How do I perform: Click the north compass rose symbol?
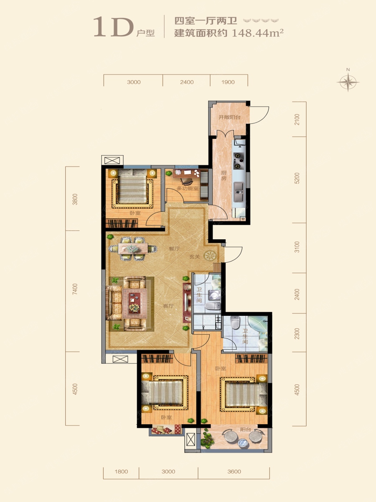[x=348, y=82]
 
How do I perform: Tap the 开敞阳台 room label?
[x=229, y=117]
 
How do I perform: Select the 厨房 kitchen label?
[x=224, y=175]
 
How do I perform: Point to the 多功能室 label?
[x=187, y=188]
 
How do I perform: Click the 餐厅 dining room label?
[x=174, y=248]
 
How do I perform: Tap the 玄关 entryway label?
[x=195, y=256]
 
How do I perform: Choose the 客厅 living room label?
[x=168, y=306]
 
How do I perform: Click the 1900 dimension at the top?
[x=228, y=82]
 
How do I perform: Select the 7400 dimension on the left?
[x=75, y=289]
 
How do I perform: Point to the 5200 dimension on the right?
[x=297, y=178]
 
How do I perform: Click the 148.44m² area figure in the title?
[x=257, y=33]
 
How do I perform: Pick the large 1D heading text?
[x=114, y=27]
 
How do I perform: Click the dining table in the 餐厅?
[x=133, y=248]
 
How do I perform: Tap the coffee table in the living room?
[x=135, y=303]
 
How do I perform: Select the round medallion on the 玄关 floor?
[x=210, y=256]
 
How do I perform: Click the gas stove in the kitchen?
[x=239, y=161]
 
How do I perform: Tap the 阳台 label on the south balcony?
[x=246, y=430]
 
